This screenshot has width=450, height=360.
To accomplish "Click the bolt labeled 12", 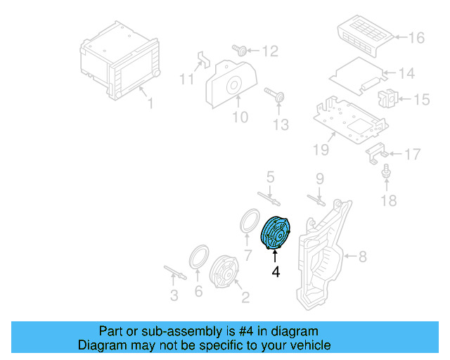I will [238, 49].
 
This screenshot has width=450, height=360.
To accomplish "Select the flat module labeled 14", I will [359, 73].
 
